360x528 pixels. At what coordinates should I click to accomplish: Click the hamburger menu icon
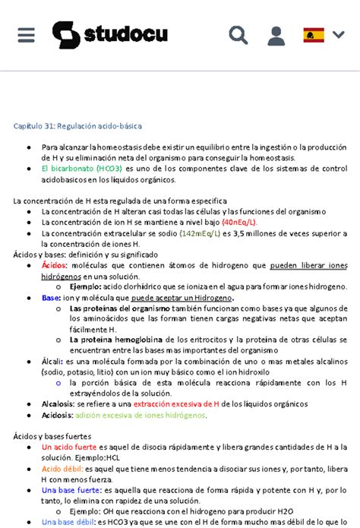point(26,35)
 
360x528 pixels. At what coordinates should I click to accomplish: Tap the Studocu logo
point(109,35)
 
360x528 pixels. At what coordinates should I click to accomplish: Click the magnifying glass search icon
point(238,35)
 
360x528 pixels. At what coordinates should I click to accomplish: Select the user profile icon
point(276,35)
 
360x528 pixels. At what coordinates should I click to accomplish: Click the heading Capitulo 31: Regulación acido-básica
point(77,125)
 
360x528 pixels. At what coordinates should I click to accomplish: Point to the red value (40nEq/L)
point(239,222)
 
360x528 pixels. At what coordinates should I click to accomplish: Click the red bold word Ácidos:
point(55,266)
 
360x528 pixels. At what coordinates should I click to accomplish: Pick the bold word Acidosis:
point(58,416)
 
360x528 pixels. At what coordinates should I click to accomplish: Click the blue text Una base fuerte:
point(71,490)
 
